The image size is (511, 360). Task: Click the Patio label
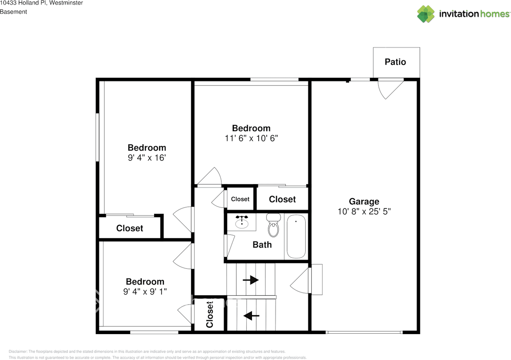(x=395, y=62)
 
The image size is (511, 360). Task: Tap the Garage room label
(x=364, y=202)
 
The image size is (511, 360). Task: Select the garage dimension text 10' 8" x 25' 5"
(x=364, y=212)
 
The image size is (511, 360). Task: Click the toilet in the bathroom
(x=273, y=226)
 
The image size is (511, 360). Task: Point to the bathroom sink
(x=242, y=222)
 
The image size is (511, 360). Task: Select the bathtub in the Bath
(x=296, y=237)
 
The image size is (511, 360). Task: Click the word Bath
(x=262, y=245)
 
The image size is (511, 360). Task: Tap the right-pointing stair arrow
(x=251, y=280)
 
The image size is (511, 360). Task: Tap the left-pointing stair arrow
(x=251, y=316)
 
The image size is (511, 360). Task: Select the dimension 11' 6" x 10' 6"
(x=251, y=138)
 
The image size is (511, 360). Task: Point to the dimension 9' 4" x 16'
(x=147, y=158)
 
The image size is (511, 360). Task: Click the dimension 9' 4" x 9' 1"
(x=145, y=292)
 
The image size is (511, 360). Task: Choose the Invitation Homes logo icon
(x=426, y=14)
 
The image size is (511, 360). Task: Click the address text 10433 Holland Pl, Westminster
(x=42, y=3)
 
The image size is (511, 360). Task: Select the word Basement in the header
(x=14, y=12)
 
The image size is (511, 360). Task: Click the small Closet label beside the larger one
(x=240, y=199)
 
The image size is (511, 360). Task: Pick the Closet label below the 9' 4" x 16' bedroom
(x=129, y=228)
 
